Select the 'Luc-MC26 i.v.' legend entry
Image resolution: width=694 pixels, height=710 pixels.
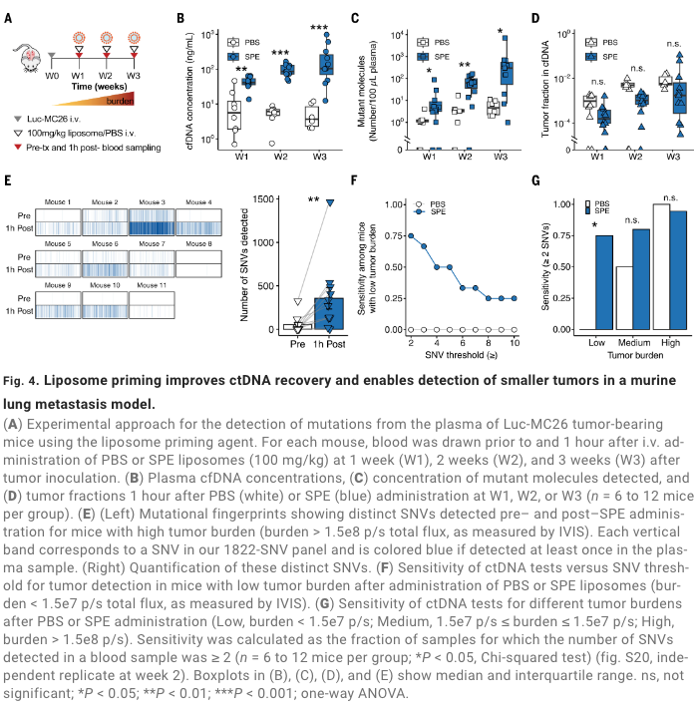point(60,119)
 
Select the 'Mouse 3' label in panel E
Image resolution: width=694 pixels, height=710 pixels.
point(152,202)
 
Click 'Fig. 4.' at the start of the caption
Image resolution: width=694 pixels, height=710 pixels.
point(21,381)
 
